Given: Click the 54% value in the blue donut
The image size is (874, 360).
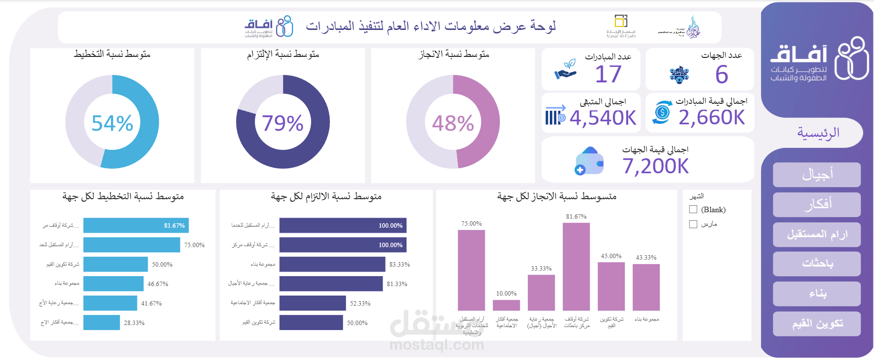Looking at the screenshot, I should [x=112, y=123].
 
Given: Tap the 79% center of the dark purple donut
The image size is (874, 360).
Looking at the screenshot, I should [x=283, y=123].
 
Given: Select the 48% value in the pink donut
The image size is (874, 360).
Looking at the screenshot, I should [x=453, y=123].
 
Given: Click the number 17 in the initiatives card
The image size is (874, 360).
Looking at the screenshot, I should [x=608, y=74].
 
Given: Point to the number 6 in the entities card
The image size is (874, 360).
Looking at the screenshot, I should [x=721, y=75].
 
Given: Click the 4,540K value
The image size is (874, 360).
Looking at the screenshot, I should [x=603, y=118].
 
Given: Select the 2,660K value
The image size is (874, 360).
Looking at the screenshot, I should [x=711, y=117].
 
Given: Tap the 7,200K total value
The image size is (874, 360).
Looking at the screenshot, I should [x=655, y=166].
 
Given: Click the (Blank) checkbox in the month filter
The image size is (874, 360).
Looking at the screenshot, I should [x=693, y=210].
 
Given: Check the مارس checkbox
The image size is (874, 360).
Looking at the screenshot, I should [x=693, y=224].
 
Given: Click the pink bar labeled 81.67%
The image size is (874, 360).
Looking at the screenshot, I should [x=576, y=267].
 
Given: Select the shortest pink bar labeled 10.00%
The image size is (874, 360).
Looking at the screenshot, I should [x=506, y=305].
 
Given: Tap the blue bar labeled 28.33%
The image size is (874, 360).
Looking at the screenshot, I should [x=101, y=323].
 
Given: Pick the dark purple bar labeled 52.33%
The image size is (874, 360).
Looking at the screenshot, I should [x=312, y=303].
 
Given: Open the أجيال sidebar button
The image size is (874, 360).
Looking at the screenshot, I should [x=817, y=175].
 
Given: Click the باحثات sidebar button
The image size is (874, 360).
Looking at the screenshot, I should [x=817, y=264].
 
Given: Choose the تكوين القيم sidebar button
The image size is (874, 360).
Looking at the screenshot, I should [x=817, y=324].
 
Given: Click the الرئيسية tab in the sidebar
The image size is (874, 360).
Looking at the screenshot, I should [x=818, y=133].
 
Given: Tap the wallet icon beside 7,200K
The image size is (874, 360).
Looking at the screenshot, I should [x=589, y=161].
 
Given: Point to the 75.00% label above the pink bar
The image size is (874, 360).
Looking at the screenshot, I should [x=471, y=224].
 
